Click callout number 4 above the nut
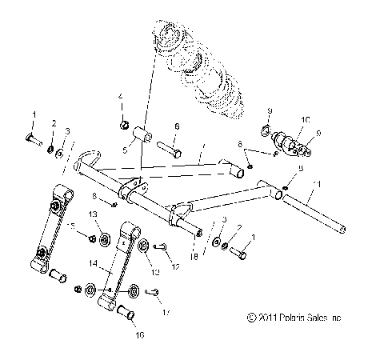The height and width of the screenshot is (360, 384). pyautogui.click(x=122, y=97)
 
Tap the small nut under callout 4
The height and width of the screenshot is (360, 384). pyautogui.click(x=125, y=124)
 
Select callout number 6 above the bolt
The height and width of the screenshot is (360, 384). pyautogui.click(x=177, y=126)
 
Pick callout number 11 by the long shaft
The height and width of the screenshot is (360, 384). pyautogui.click(x=342, y=184)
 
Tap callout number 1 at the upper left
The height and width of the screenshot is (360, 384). pyautogui.click(x=34, y=114)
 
